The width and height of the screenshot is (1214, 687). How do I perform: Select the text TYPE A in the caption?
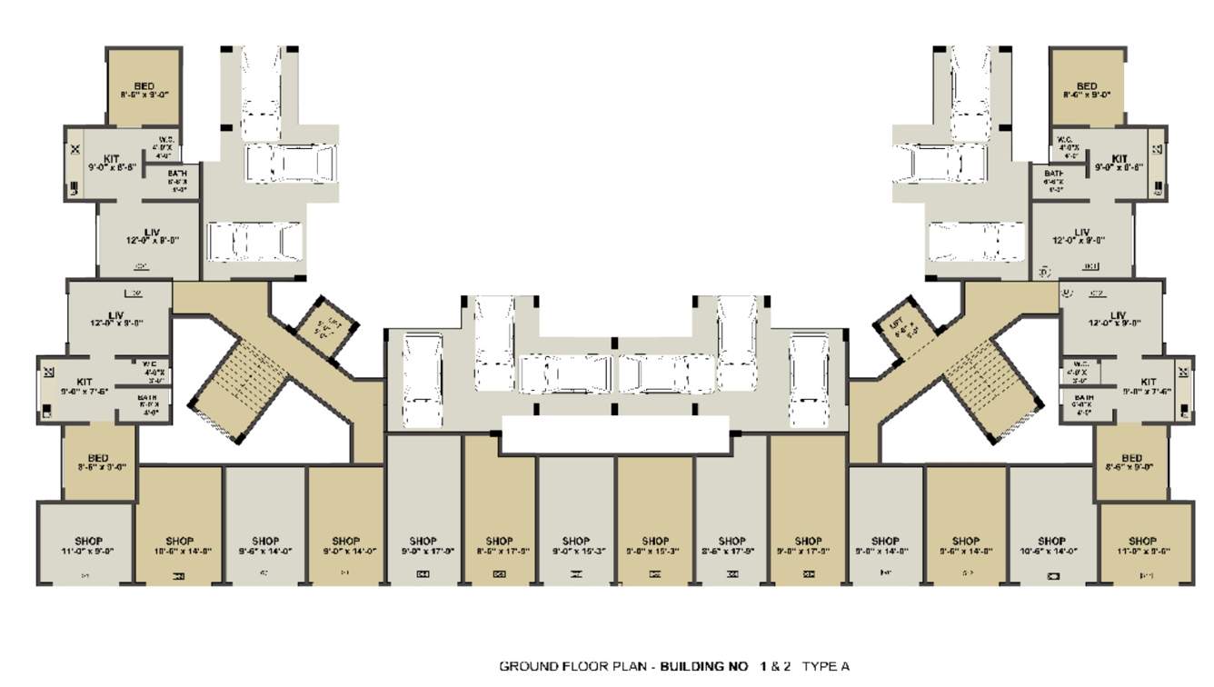click(x=826, y=667)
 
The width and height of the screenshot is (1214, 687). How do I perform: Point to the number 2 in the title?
click(x=787, y=667)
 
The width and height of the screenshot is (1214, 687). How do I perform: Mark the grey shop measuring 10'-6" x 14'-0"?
click(x=1051, y=545)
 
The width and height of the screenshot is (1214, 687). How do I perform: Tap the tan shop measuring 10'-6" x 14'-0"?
click(x=180, y=545)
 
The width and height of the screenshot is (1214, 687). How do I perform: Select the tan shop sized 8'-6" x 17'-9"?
click(x=499, y=545)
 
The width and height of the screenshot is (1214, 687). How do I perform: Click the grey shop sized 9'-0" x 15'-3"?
click(x=576, y=545)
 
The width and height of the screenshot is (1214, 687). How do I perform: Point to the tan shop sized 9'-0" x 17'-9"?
click(x=808, y=545)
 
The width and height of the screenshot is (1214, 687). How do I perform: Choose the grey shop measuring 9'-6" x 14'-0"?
click(x=265, y=545)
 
